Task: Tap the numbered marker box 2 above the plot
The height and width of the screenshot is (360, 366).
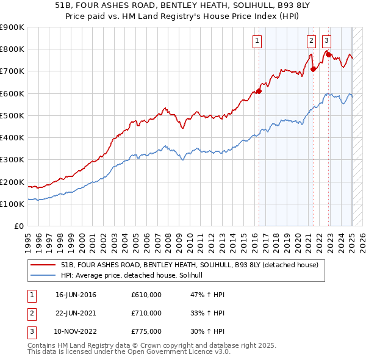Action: click(311, 41)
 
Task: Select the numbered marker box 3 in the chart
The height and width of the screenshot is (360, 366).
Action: click(327, 41)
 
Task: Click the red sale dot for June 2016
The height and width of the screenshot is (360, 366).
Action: click(259, 91)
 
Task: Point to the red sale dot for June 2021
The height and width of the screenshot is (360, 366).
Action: click(313, 69)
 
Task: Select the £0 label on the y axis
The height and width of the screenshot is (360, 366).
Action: click(18, 226)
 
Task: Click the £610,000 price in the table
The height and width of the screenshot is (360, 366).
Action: click(146, 295)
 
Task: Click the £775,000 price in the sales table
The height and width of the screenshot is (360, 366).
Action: click(146, 331)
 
